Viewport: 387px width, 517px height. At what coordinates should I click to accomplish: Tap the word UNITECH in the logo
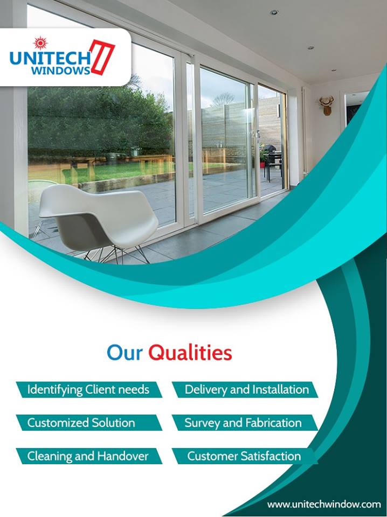(50, 58)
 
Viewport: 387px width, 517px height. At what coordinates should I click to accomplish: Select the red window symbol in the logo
(102, 57)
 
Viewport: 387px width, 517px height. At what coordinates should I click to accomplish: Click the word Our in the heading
(125, 353)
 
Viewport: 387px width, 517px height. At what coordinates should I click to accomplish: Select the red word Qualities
(190, 353)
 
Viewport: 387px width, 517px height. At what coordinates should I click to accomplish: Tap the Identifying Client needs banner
(88, 389)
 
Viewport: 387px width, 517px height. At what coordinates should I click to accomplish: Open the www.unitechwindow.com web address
(324, 504)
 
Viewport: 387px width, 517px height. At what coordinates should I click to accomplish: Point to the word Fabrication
(273, 423)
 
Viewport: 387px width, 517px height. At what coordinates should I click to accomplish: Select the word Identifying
(55, 389)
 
